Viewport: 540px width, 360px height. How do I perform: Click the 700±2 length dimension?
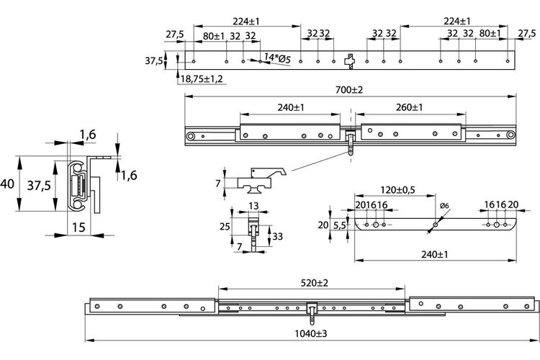(349, 90)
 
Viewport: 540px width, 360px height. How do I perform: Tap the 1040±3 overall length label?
(310, 333)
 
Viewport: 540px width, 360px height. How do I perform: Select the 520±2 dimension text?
(315, 283)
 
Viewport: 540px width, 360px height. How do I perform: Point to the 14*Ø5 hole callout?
(277, 58)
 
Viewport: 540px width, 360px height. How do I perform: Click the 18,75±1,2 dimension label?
(202, 79)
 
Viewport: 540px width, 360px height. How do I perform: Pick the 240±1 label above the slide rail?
(291, 107)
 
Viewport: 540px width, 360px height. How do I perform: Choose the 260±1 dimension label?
(409, 107)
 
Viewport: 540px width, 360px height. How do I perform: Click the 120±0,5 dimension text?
(397, 190)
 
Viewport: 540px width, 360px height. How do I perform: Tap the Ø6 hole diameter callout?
(445, 206)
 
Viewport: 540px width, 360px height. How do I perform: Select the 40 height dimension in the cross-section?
(7, 184)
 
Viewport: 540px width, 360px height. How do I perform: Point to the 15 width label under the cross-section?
(78, 228)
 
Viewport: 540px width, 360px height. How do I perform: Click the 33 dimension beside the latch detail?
(278, 236)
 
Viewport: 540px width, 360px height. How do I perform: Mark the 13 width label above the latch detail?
(253, 206)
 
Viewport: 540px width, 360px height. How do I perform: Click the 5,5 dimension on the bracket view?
(340, 225)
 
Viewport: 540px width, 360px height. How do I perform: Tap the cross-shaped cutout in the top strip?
(350, 61)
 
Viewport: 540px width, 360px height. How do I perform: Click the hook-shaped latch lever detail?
(262, 179)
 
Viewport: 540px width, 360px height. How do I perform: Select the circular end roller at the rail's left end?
(190, 136)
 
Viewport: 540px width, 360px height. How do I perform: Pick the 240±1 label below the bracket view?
(435, 255)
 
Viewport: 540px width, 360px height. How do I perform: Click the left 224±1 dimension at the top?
(246, 22)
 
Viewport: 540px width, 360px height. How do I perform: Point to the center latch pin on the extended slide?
(312, 313)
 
